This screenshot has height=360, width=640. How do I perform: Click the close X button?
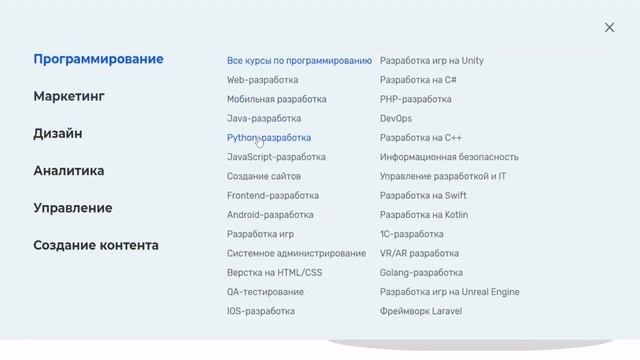pos(609,28)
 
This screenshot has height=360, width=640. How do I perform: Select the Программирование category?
pos(98,59)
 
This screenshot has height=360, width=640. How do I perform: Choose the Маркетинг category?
pos(69,97)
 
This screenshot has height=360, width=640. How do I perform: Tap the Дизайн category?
pos(58,134)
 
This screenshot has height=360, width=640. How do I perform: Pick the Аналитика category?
pos(69,171)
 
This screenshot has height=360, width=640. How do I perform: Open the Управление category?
pos(73,208)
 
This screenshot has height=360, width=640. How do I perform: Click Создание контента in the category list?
pos(96,245)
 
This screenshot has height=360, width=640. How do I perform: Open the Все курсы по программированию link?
pos(299,61)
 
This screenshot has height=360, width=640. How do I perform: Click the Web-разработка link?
pos(262,80)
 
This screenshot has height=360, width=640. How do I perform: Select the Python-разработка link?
pos(269,138)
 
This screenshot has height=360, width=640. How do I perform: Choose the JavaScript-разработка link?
pos(276,157)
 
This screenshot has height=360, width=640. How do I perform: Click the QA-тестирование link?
pos(265,292)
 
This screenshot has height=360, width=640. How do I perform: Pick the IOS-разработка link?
pos(261,311)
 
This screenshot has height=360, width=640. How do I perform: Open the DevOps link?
pos(396,119)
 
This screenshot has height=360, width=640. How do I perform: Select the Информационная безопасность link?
pos(449,157)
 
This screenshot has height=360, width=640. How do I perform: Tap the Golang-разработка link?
pos(421,273)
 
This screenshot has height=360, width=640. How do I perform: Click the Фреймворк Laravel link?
pos(421,311)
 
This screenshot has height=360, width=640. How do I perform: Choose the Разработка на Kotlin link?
pos(424,215)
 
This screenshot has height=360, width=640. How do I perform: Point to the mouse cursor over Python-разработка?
pos(259,142)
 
